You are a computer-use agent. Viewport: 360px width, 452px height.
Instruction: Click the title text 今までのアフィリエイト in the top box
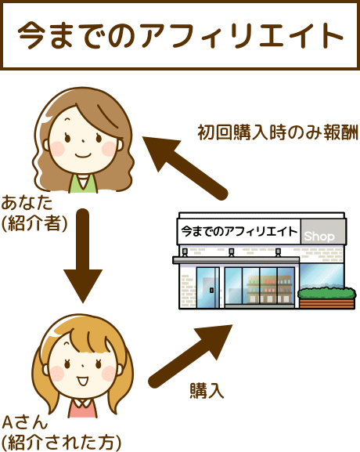180,35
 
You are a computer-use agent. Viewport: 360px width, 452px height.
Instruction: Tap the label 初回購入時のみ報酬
278,132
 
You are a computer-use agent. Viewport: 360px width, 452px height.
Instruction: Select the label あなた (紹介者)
34,213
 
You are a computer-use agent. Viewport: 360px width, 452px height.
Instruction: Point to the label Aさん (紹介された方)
61,433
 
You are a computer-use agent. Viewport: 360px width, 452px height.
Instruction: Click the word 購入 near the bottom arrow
207,391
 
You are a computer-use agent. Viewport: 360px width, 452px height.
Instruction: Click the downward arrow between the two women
83,255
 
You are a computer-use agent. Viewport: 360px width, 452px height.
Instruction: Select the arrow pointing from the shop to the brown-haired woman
185,168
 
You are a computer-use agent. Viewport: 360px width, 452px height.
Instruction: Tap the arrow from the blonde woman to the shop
190,356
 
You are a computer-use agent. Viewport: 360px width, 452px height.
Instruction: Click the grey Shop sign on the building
323,232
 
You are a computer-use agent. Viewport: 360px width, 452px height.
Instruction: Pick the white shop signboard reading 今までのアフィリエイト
239,231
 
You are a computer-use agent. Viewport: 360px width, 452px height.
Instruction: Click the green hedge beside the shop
326,293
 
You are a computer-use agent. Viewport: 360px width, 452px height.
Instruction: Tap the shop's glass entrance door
208,287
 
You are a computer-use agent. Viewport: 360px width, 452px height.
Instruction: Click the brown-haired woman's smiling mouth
83,156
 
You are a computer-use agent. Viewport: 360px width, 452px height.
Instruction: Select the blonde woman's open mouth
83,381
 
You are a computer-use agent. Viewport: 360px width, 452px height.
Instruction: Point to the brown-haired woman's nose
83,141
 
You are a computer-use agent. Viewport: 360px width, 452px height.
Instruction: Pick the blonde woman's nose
83,366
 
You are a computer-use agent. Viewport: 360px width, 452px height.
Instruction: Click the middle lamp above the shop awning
232,252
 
